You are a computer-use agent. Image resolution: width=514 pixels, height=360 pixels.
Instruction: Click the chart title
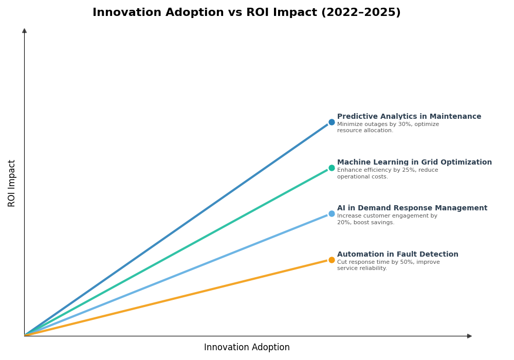[x=246, y=13]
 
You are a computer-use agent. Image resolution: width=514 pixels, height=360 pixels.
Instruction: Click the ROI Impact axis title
[x=12, y=183]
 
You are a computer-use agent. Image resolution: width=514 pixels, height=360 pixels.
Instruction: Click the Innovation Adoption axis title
[x=247, y=348]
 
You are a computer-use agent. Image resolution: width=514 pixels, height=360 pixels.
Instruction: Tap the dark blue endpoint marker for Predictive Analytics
[x=332, y=122]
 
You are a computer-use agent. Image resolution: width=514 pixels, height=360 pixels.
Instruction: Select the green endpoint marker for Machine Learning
[x=332, y=168]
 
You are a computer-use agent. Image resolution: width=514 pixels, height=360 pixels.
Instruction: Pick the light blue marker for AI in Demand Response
[x=332, y=214]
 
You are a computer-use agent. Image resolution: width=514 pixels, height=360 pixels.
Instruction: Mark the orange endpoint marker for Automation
[x=332, y=260]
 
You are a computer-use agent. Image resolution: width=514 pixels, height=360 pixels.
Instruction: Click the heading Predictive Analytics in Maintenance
[x=409, y=117]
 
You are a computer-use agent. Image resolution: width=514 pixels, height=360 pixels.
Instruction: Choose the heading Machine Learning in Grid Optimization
[x=414, y=163]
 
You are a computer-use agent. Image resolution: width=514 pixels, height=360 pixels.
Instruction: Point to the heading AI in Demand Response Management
[x=412, y=208]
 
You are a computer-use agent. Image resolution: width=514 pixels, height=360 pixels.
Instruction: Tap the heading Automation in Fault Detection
[x=397, y=255]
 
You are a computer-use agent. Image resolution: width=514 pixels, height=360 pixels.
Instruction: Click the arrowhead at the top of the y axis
[x=24, y=31]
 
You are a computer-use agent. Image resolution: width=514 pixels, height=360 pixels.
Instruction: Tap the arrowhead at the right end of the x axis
[x=469, y=336]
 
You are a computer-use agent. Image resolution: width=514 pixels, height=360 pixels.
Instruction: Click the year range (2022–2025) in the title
[x=361, y=13]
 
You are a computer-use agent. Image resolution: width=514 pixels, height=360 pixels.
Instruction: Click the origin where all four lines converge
[x=25, y=336]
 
